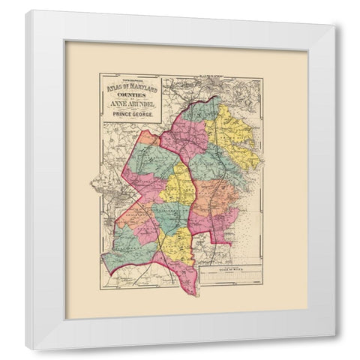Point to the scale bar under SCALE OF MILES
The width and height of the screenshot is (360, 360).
[x=231, y=278]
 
